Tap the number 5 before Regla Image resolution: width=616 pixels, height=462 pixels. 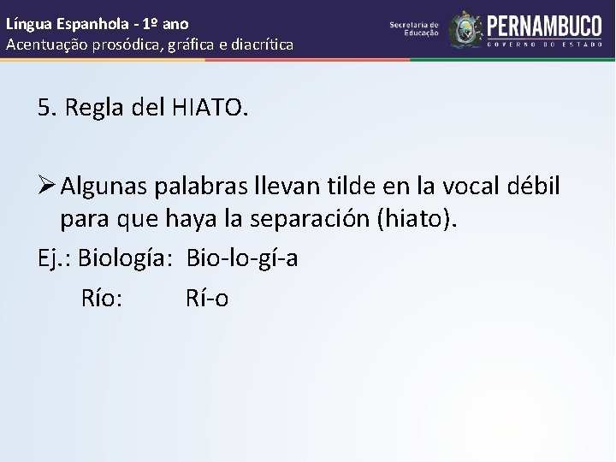tap(44, 108)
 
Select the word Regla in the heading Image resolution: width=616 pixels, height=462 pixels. tap(94, 108)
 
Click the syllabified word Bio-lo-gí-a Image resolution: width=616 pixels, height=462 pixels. tap(242, 258)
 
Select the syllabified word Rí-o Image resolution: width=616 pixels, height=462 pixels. tap(207, 298)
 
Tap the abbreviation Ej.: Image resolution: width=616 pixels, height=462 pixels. tap(54, 258)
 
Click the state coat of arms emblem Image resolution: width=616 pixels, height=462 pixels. tap(465, 29)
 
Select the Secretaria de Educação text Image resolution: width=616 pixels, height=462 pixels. tap(414, 29)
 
